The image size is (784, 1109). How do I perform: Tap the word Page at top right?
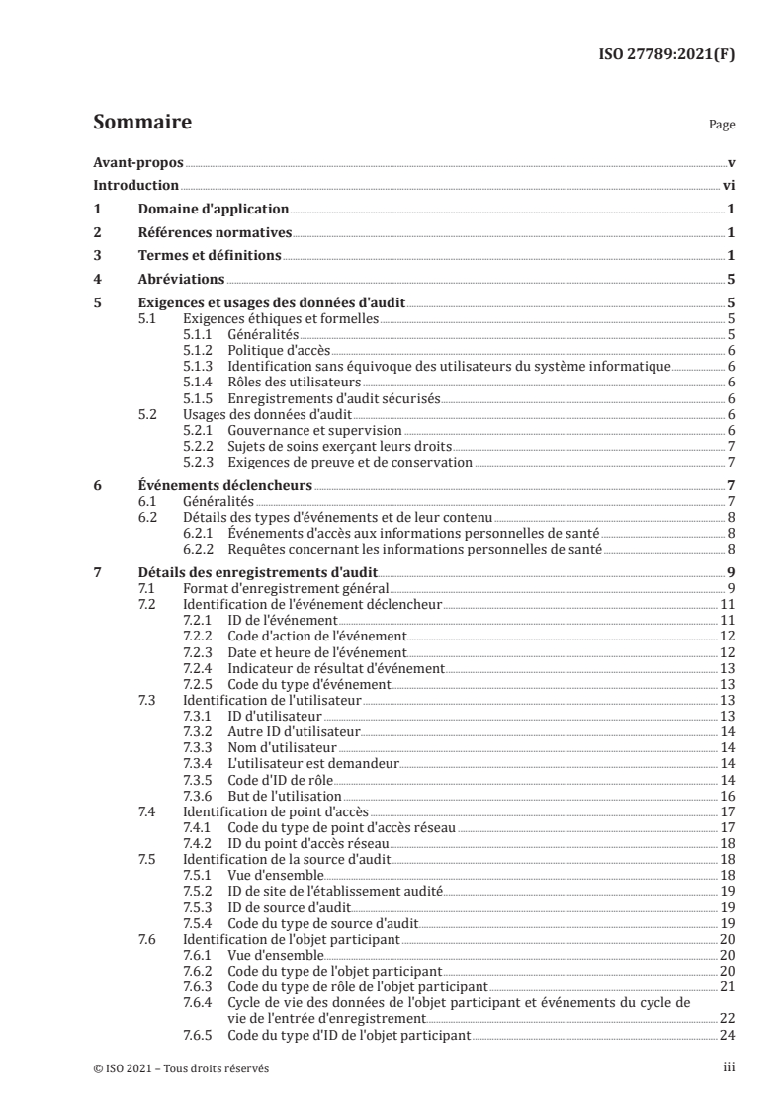coord(722,126)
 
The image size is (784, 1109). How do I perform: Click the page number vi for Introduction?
coord(728,186)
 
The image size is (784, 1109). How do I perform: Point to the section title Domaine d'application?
coord(213,210)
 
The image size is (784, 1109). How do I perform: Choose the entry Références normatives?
coord(215,233)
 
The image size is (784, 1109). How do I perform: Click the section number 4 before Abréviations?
coord(96,280)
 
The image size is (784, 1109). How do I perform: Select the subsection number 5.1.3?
coord(200,367)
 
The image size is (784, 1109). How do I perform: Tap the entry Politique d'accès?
coord(279,351)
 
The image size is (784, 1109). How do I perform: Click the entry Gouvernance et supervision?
coord(314,431)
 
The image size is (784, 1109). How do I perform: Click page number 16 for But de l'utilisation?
coord(726,796)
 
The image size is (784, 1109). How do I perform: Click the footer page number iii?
coord(727,1068)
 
